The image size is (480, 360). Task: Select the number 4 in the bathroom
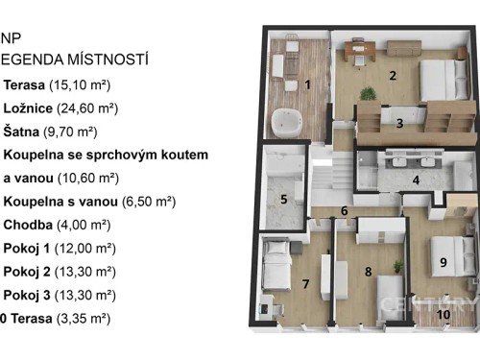pos(416,180)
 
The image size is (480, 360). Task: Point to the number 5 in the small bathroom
pos(283,200)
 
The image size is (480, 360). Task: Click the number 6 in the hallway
pos(344,211)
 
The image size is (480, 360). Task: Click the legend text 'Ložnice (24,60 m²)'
pos(60,108)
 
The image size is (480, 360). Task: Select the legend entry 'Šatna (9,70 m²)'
pos(54,132)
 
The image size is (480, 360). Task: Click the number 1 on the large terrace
pos(307,84)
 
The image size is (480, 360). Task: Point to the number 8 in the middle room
pos(368,272)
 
